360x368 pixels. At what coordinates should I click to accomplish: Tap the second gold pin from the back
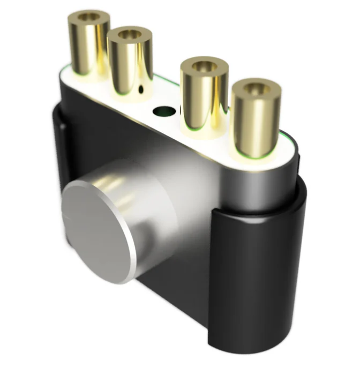[130, 62]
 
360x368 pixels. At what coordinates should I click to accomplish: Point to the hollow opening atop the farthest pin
[89, 17]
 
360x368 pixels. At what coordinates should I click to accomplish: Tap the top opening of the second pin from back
[130, 35]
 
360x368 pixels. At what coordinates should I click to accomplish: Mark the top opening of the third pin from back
[205, 66]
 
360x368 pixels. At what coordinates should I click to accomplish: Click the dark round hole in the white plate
[164, 112]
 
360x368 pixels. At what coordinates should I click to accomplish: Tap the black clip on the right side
[257, 268]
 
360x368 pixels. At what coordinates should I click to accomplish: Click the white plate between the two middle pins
[166, 96]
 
